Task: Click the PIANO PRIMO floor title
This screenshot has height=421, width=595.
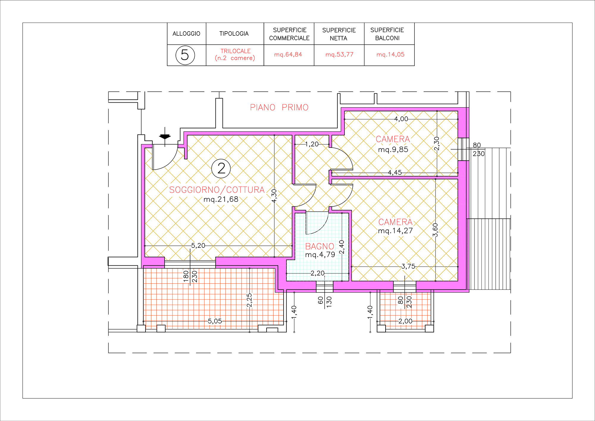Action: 279,107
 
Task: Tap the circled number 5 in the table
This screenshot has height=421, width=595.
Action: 185,55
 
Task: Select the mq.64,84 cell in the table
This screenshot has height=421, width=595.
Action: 288,54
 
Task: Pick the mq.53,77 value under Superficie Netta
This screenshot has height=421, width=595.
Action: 339,54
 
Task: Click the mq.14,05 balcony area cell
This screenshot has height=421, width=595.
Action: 390,54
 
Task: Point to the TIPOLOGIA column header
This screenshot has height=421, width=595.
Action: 234,34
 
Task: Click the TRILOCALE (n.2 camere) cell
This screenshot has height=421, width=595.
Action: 235,54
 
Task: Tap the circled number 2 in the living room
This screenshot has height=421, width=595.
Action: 221,168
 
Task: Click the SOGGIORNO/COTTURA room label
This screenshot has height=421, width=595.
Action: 217,190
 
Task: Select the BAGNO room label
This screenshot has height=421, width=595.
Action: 320,246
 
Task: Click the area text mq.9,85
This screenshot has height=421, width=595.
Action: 393,149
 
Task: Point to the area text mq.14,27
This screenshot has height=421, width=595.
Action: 395,231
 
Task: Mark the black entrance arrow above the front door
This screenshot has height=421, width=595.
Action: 165,137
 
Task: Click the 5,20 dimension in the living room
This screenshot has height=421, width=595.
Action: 198,245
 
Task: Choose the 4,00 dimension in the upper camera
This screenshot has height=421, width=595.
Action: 401,119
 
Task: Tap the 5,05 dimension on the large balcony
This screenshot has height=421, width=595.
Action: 215,321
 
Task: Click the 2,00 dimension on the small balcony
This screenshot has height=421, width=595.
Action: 405,321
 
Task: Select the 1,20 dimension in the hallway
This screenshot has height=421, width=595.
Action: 312,144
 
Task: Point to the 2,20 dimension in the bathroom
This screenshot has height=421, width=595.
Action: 317,273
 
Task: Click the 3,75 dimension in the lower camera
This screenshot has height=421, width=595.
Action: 408,266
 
